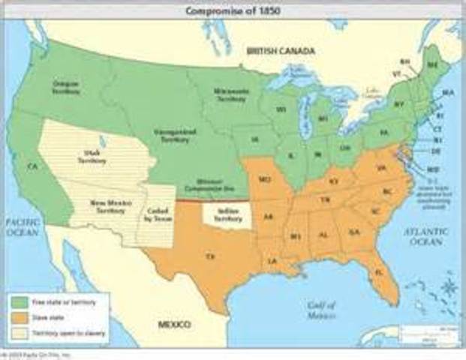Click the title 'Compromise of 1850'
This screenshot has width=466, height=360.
point(233,10)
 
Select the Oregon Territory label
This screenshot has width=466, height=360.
point(66,87)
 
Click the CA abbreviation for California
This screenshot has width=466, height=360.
point(32,166)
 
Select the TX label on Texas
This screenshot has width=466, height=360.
point(209,256)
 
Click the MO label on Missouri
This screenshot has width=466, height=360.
point(264,180)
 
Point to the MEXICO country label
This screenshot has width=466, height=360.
point(173,324)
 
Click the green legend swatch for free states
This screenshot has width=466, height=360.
point(19,301)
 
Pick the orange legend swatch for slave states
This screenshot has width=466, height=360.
point(19,316)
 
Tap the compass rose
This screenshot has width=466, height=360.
point(449,288)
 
